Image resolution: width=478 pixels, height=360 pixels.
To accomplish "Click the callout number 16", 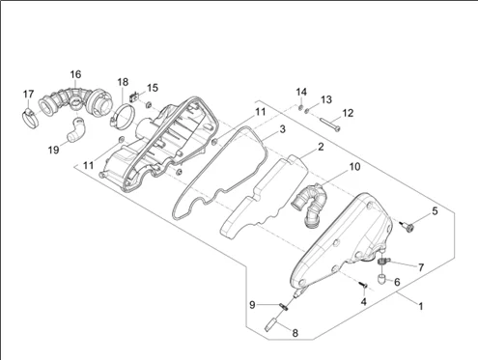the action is (75, 74).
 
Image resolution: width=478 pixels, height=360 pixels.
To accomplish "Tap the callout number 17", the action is (28, 95).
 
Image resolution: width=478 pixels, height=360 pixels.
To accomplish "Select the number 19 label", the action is (54, 150).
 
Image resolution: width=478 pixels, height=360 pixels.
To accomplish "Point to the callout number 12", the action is (348, 113).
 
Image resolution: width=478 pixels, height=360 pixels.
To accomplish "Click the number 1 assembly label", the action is (420, 306).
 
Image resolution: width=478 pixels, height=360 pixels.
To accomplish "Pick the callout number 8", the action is (295, 333).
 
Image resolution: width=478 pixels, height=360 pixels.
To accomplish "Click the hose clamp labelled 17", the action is (30, 118).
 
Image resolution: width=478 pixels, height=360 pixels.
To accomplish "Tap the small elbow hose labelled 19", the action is (76, 130).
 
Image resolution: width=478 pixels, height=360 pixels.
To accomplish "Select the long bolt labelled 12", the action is (330, 125).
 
